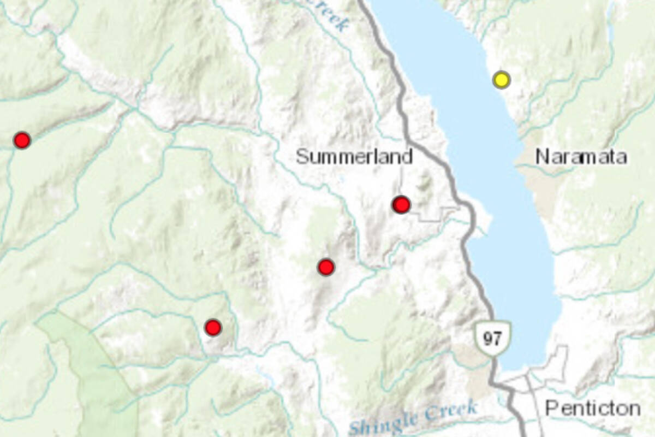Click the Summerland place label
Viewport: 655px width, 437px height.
point(354,157)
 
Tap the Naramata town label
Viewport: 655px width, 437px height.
point(581,157)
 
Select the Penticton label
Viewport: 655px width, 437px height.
point(592,408)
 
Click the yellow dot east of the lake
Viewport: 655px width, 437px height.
point(501,80)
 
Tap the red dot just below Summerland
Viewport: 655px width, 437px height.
point(401,205)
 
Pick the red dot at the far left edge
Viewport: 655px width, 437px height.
point(22,140)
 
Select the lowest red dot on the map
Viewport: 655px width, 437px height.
point(213,328)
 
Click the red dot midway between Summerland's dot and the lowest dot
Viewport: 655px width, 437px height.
point(326,267)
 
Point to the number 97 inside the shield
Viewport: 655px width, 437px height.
point(492,339)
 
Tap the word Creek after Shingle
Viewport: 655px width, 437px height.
point(451,411)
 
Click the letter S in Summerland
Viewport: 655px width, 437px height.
point(302,157)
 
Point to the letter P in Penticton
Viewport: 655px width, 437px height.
point(551,408)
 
